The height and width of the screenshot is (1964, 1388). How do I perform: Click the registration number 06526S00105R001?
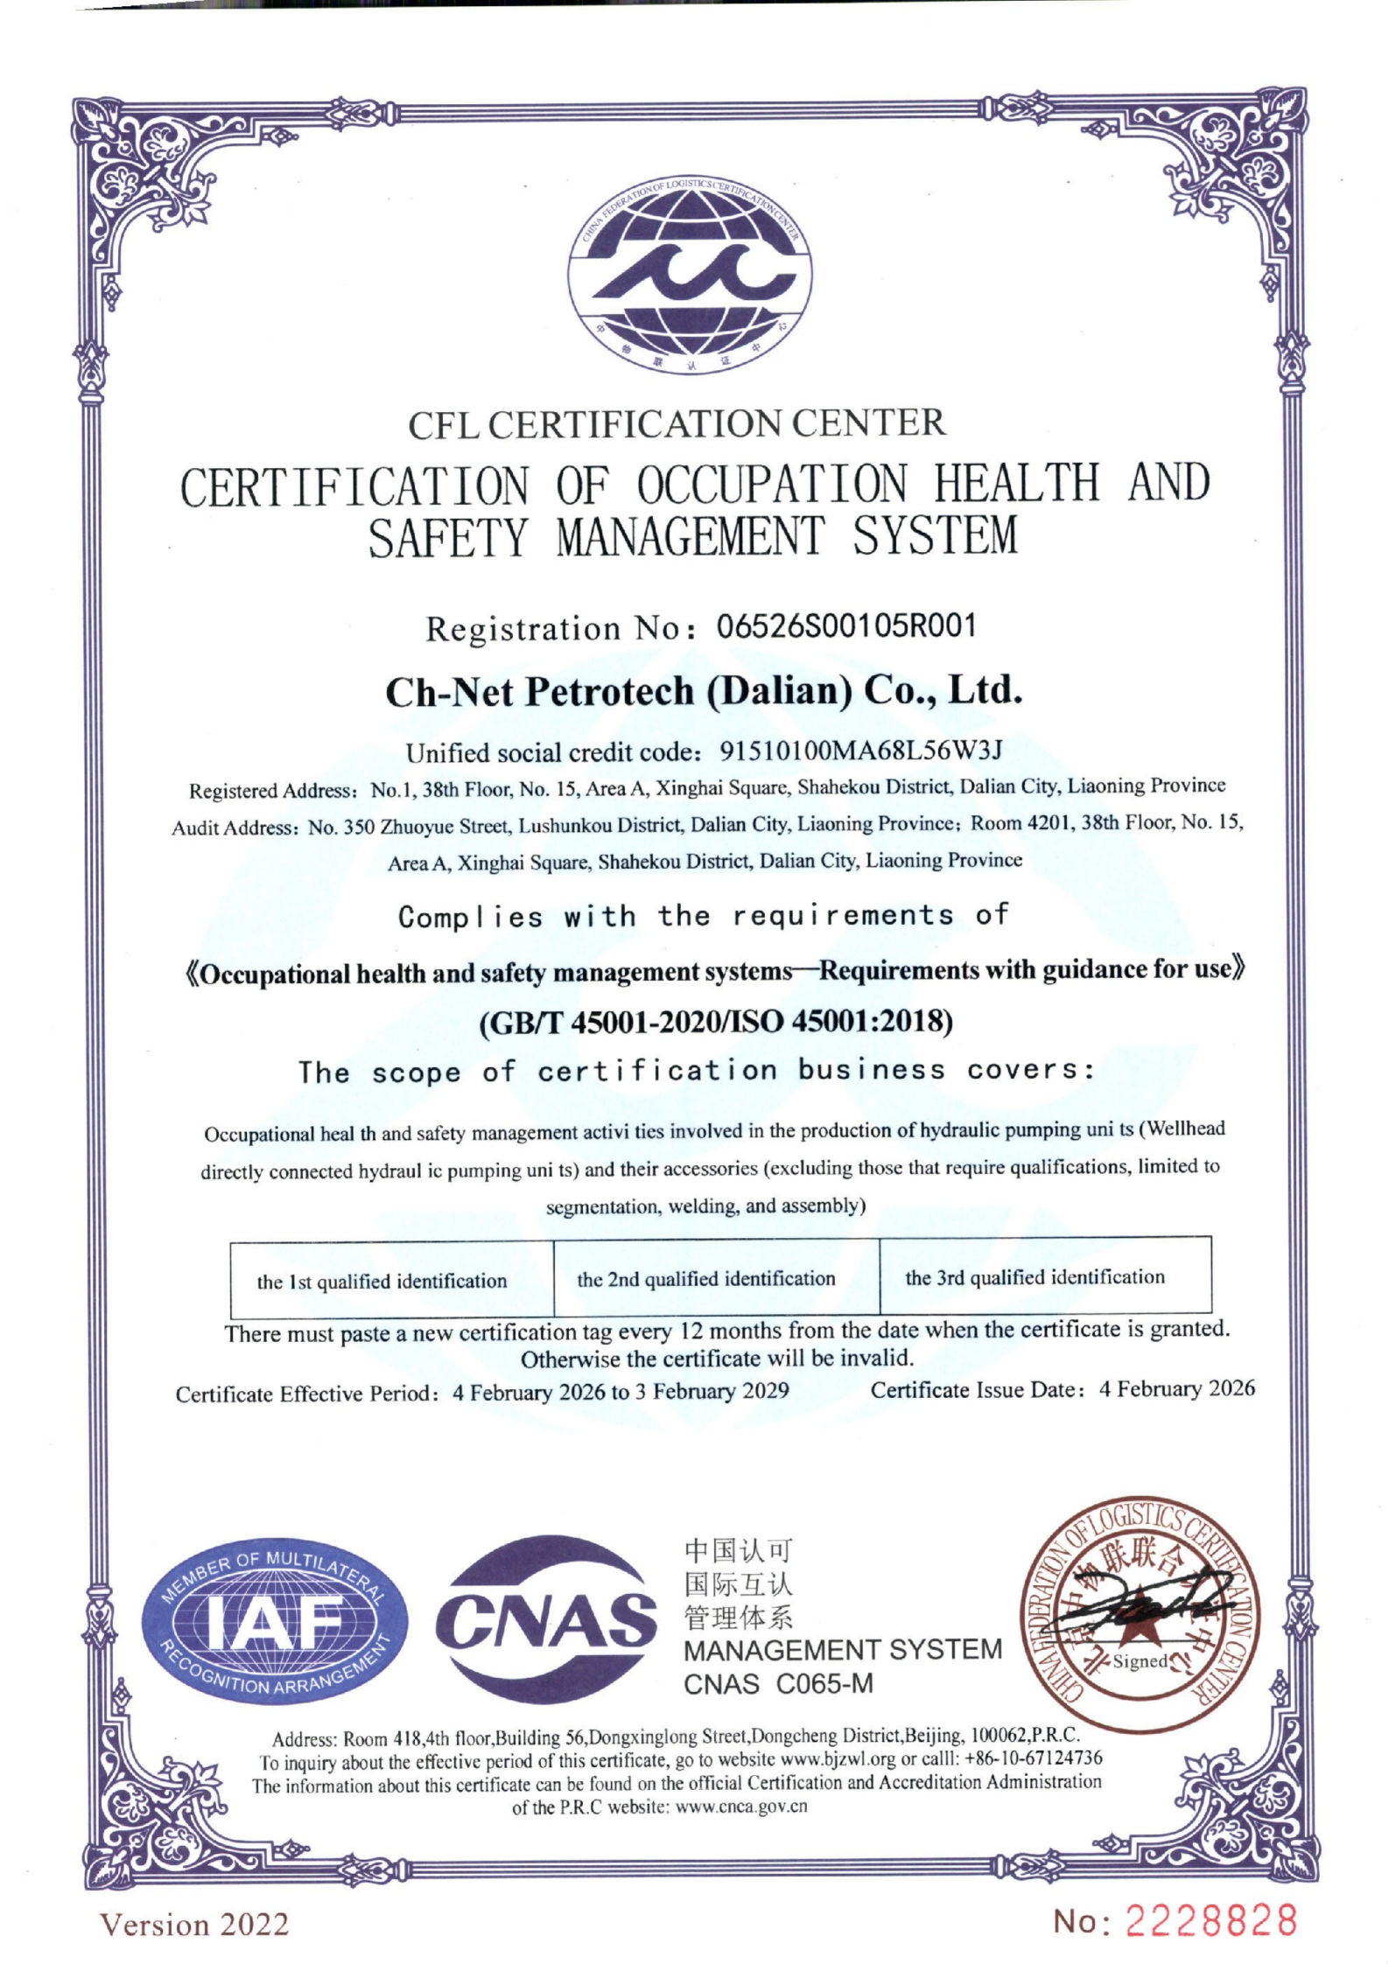pyautogui.click(x=845, y=626)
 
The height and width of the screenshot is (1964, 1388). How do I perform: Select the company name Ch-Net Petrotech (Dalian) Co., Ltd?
pyautogui.click(x=704, y=692)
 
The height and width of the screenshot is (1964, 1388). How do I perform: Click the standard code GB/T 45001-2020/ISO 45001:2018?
pyautogui.click(x=716, y=1022)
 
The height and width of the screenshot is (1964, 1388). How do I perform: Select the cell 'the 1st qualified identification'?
pyautogui.click(x=382, y=1282)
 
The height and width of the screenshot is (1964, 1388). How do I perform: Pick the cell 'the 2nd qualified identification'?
pyautogui.click(x=706, y=1279)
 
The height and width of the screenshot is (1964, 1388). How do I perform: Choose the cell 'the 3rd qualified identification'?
pyautogui.click(x=1034, y=1277)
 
